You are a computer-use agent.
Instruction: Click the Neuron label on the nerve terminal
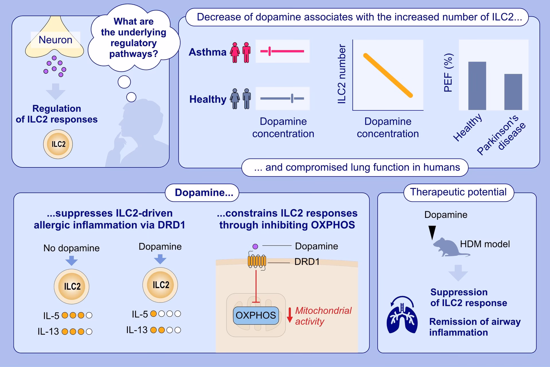[55, 40]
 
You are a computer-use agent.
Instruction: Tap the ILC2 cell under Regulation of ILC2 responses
[58, 144]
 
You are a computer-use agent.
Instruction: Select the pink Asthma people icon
[240, 52]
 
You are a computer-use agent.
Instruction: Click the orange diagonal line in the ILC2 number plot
[388, 75]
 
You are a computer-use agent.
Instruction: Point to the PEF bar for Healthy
[477, 86]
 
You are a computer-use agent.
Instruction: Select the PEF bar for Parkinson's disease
[513, 92]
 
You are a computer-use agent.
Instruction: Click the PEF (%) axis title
[448, 73]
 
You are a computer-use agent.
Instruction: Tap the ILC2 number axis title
[342, 74]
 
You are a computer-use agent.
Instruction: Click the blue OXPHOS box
[256, 315]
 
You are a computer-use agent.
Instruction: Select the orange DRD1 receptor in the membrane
[257, 261]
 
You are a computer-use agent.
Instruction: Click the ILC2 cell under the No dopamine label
[72, 286]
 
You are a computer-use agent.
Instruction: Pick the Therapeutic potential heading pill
[458, 192]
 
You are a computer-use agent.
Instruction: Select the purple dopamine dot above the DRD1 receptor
[255, 246]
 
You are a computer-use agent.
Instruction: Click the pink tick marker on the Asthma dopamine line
[270, 51]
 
